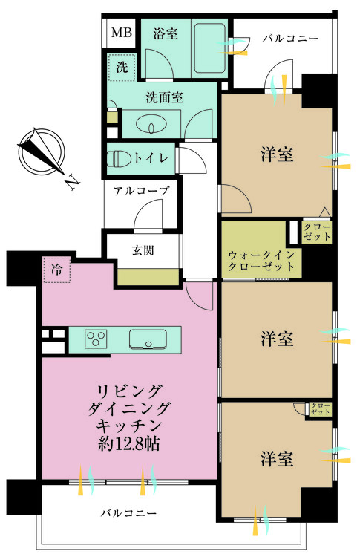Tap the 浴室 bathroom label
[x=165, y=33]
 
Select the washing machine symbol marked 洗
[x=122, y=67]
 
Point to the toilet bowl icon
[x=117, y=157]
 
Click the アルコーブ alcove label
[x=141, y=191]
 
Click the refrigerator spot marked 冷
[x=56, y=270]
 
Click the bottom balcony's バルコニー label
[x=130, y=513]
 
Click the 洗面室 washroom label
[x=164, y=96]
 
